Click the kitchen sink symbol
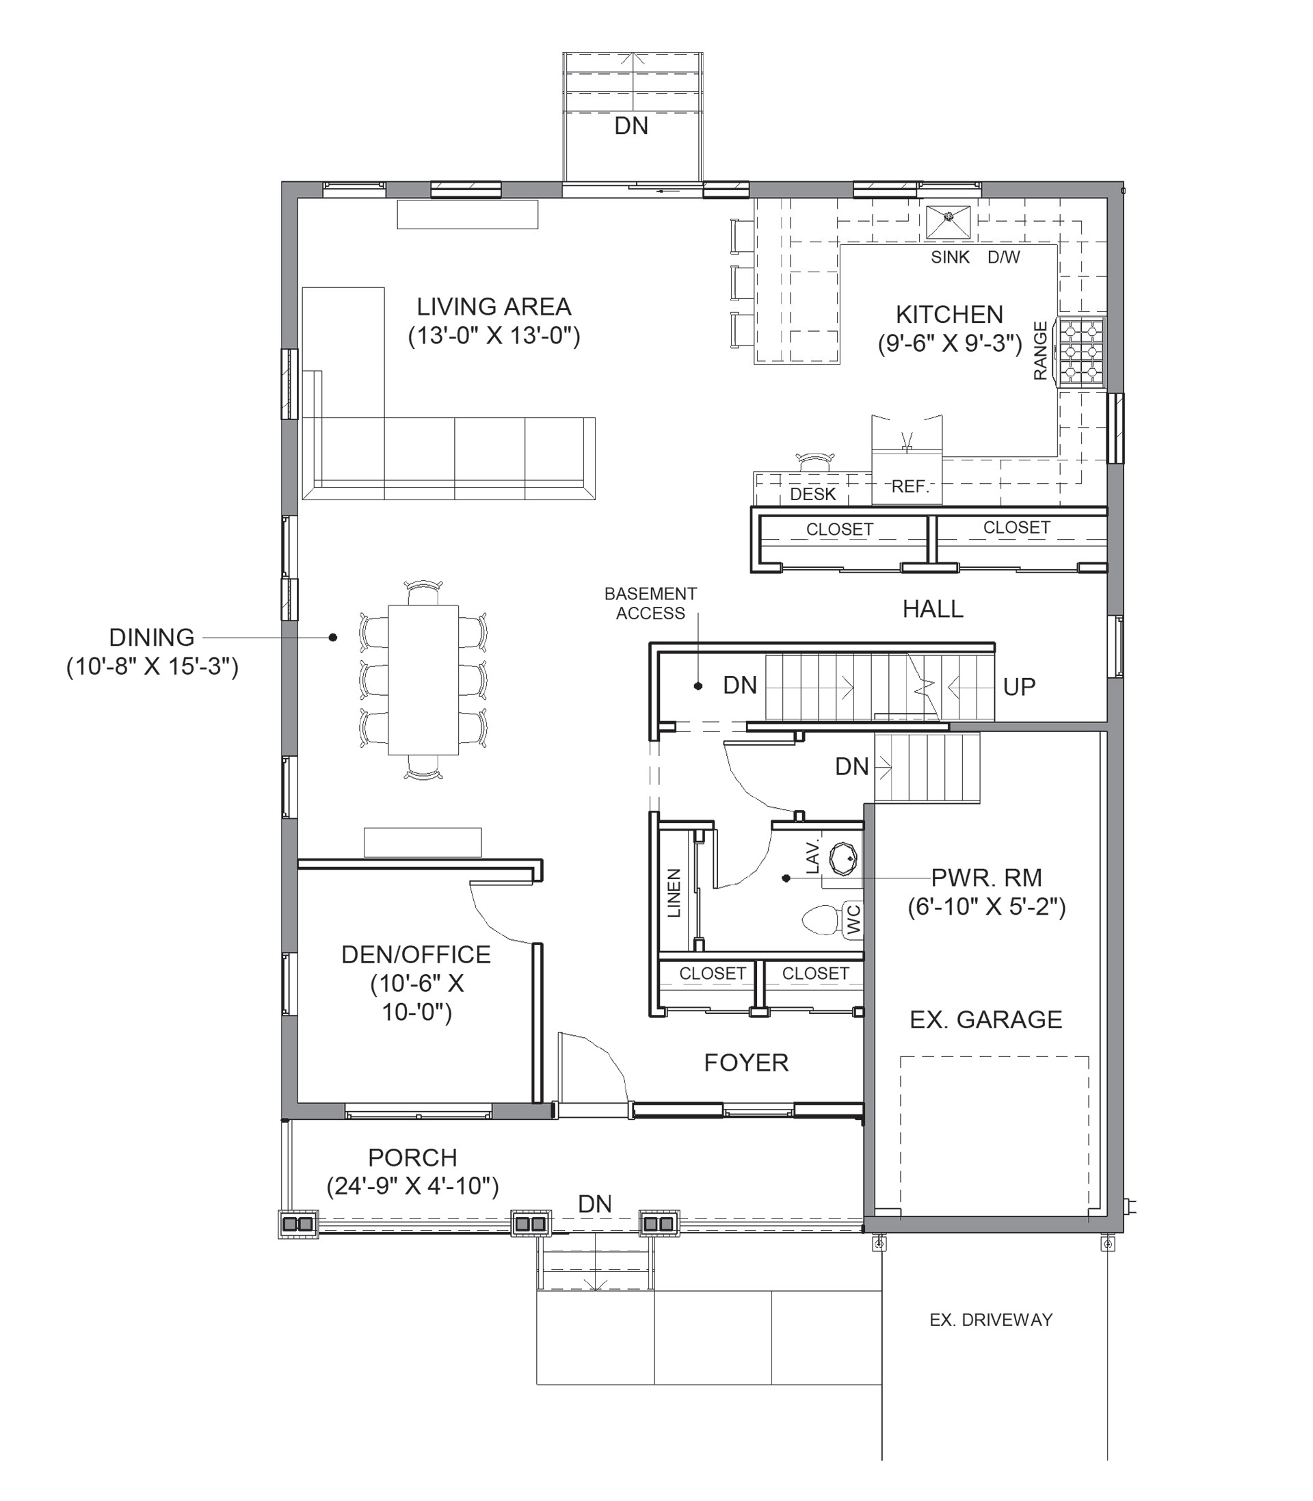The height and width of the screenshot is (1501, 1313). [948, 222]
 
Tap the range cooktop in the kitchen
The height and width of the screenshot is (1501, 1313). [1080, 351]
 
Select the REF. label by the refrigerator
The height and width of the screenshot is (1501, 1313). [910, 486]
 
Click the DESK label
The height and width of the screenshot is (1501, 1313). [812, 494]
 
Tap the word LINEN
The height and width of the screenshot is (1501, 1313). [675, 893]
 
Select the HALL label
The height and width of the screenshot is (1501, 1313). [933, 608]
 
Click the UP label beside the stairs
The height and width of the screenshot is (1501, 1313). [1019, 687]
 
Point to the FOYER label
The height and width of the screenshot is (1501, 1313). [746, 1062]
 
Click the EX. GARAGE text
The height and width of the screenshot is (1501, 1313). [985, 1019]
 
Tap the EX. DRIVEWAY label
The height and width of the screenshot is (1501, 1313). [991, 1320]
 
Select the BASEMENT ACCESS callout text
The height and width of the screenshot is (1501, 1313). [650, 603]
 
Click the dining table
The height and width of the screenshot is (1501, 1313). [423, 679]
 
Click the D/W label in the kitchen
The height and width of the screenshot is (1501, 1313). [1004, 257]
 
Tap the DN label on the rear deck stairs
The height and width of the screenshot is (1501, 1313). [631, 126]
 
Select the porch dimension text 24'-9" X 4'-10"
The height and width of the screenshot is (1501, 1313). [412, 1186]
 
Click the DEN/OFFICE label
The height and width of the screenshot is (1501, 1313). [416, 954]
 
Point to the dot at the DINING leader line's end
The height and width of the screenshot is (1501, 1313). [332, 638]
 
